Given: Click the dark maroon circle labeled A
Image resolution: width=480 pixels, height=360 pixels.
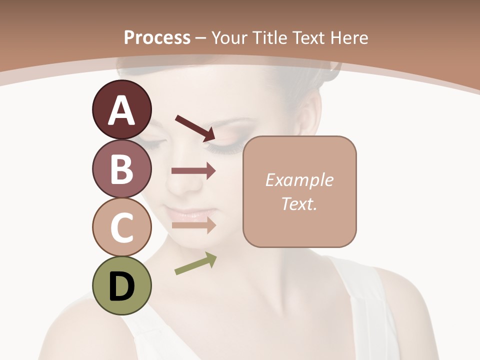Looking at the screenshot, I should coord(121,109).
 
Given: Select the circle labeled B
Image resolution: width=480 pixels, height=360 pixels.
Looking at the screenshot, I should coord(121,168).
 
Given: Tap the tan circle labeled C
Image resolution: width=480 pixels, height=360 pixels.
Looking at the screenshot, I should coord(121,227).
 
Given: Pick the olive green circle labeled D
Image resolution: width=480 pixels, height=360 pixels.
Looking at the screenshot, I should coord(121,285).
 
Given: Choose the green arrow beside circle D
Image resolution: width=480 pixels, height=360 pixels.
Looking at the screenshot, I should coord(195,263).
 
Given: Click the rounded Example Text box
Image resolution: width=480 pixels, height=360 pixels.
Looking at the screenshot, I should coord(299,191).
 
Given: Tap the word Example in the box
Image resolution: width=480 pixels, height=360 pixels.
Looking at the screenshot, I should coord(299,180).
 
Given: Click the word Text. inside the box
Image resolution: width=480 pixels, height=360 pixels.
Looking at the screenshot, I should coord(299,204).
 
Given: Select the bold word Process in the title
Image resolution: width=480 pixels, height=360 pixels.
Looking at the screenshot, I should coord(157,37).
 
